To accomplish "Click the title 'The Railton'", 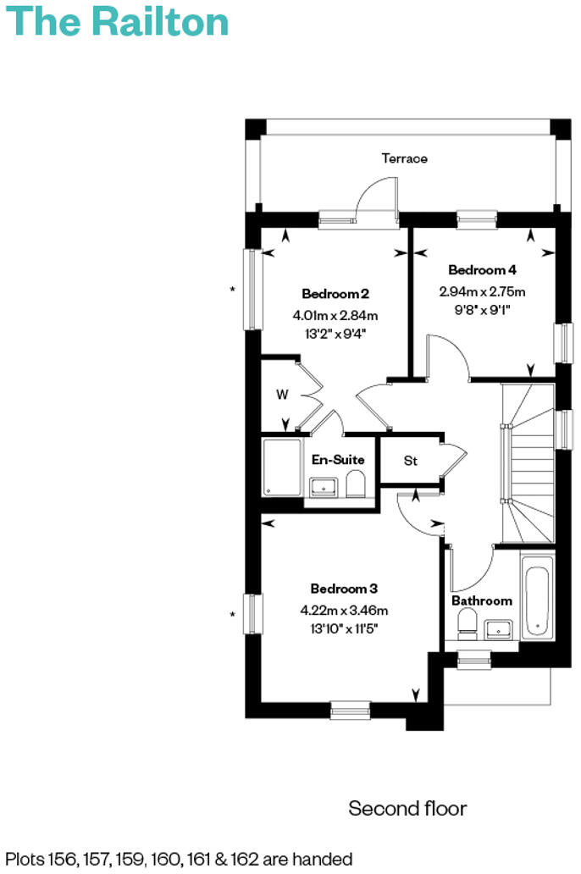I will pyautogui.click(x=119, y=21).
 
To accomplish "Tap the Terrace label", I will pyautogui.click(x=404, y=158).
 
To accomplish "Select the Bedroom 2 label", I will pyautogui.click(x=335, y=294).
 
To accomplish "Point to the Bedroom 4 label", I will pyautogui.click(x=482, y=270).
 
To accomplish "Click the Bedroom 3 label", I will pyautogui.click(x=343, y=589).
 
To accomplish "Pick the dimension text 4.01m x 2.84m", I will pyautogui.click(x=335, y=315).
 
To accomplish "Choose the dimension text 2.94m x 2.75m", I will pyautogui.click(x=482, y=291).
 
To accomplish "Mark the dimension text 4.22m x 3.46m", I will pyautogui.click(x=344, y=610).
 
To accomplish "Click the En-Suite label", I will pyautogui.click(x=338, y=460).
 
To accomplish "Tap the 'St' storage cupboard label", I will pyautogui.click(x=411, y=462).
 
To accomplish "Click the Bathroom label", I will pyautogui.click(x=481, y=600).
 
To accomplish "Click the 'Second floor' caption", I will pyautogui.click(x=407, y=809).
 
